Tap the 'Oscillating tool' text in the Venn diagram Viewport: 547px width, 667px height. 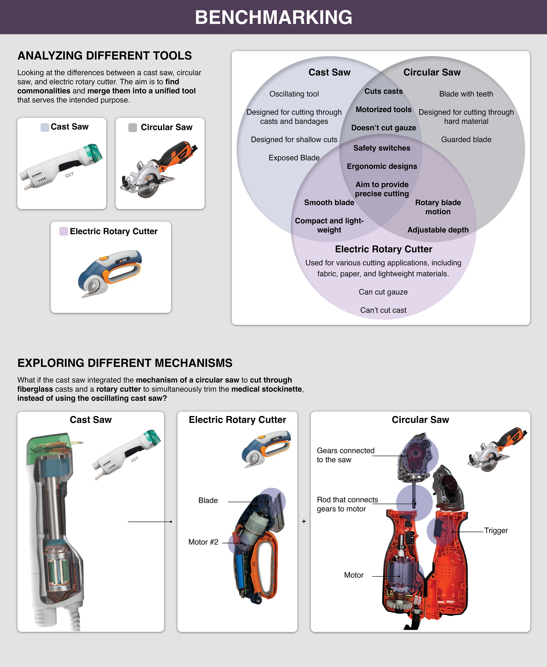coord(294,94)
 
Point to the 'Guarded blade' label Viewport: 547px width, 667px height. coord(466,140)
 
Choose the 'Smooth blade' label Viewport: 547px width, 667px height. coord(329,203)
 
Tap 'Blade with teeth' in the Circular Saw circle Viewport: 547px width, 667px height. coord(466,94)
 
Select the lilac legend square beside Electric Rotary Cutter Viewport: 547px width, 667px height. coord(64,231)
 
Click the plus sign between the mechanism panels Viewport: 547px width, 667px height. coord(304,521)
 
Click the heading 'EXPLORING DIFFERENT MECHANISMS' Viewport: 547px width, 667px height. coord(125,363)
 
